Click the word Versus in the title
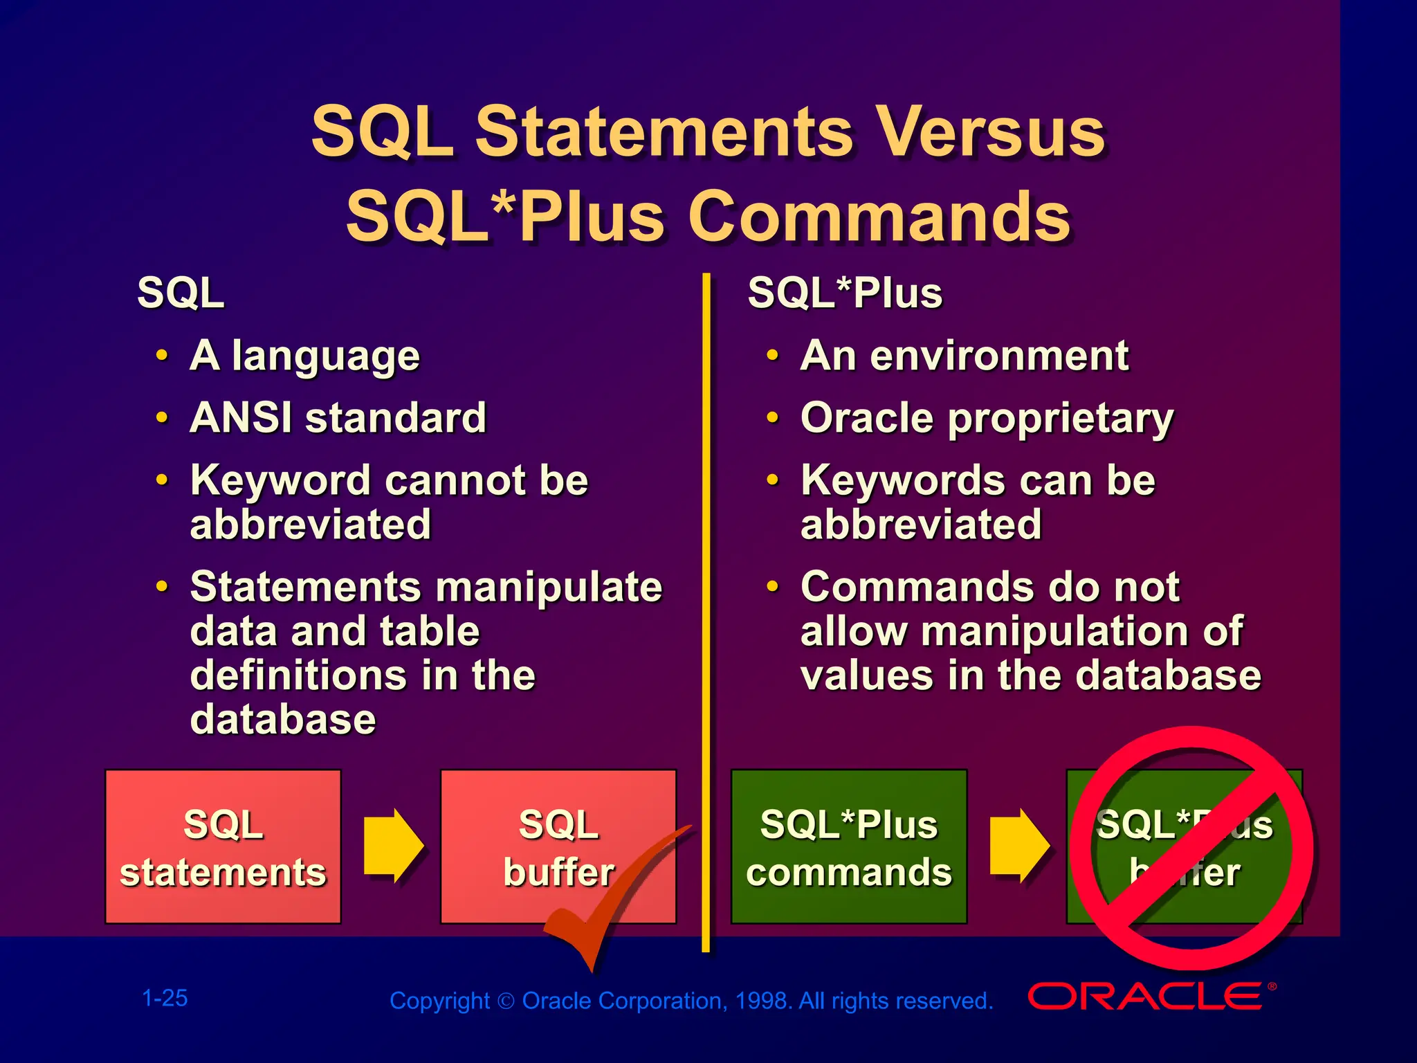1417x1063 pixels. pos(989,131)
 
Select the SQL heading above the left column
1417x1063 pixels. pos(181,293)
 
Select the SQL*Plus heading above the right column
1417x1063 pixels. pos(845,293)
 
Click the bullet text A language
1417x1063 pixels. pos(304,356)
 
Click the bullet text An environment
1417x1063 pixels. pos(965,356)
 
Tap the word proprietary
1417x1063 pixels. pos(1061,419)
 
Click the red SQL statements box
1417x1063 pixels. pos(223,846)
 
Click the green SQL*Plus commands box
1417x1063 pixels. pos(848,846)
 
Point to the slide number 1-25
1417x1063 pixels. pos(165,998)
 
